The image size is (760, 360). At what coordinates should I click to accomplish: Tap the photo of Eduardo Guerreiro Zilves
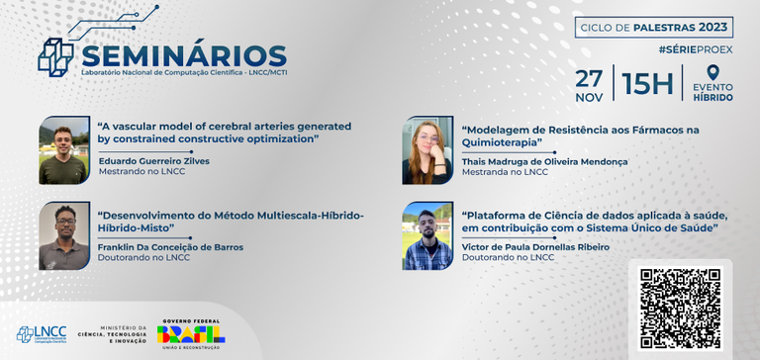[x=64, y=150]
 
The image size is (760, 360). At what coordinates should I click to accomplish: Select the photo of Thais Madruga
[x=427, y=150]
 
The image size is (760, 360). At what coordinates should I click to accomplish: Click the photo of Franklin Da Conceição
[x=64, y=236]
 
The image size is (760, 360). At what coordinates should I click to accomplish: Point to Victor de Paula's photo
[x=427, y=236]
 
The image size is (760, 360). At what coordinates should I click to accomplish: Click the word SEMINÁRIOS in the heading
[x=184, y=56]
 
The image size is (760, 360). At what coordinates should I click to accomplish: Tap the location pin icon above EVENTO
[x=712, y=73]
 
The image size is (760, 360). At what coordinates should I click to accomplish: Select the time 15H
[x=647, y=84]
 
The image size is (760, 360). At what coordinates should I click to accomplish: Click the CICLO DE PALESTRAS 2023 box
[x=654, y=27]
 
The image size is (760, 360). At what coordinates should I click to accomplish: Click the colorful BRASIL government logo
[x=193, y=331]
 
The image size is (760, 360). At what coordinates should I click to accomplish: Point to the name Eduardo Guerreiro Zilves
[x=153, y=160]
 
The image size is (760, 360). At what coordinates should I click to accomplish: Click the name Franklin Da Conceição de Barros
[x=170, y=247]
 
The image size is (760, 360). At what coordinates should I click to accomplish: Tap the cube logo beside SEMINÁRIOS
[x=54, y=55]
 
